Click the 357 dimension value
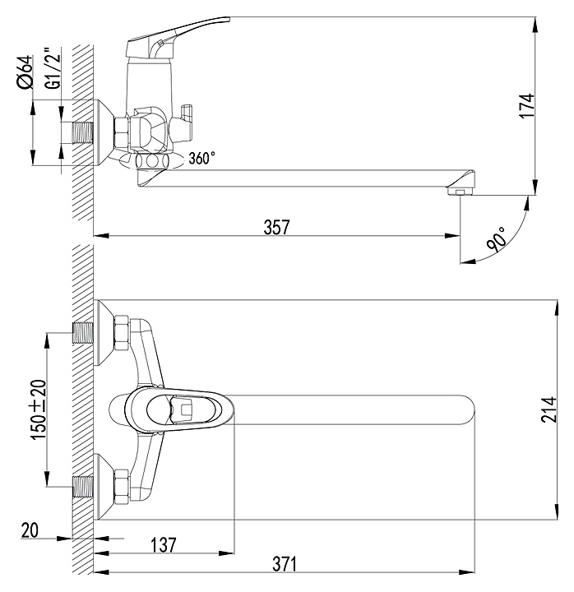277,227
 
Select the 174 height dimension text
527,106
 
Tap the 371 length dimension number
285,564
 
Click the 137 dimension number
164,545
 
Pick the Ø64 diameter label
25,72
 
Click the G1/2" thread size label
53,68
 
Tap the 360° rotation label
202,158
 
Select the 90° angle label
496,239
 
